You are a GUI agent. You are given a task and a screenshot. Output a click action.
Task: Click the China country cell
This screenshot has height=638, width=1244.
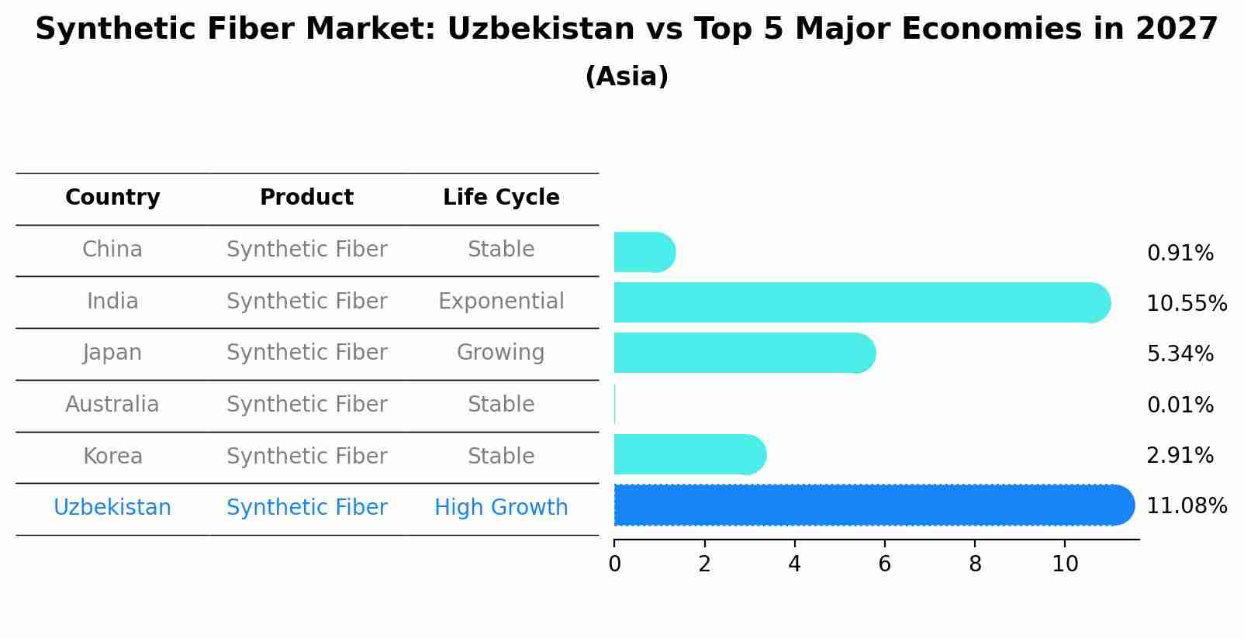pyautogui.click(x=112, y=250)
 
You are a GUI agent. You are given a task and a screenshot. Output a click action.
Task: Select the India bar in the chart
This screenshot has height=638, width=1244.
pyautogui.click(x=862, y=302)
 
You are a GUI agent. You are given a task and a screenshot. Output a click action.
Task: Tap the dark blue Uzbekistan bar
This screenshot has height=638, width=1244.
pyautogui.click(x=874, y=505)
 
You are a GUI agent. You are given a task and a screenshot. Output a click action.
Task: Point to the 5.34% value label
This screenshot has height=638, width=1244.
pyautogui.click(x=1180, y=353)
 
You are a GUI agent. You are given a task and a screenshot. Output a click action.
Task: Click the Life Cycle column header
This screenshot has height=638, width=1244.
pyautogui.click(x=501, y=197)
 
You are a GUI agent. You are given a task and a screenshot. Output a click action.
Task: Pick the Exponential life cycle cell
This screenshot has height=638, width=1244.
pyautogui.click(x=501, y=301)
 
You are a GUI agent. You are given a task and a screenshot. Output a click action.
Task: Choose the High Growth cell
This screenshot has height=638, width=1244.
pyautogui.click(x=501, y=507)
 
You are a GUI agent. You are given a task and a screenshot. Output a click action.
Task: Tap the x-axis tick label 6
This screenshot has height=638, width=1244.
pyautogui.click(x=885, y=564)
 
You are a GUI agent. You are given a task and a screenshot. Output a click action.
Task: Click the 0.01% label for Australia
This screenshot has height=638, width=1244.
pyautogui.click(x=1180, y=405)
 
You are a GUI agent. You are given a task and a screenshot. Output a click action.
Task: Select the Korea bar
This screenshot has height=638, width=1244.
pyautogui.click(x=690, y=455)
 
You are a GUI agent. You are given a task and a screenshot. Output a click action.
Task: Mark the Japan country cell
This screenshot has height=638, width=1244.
pyautogui.click(x=112, y=353)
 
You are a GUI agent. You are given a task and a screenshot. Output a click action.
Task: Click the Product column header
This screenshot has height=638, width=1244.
pyautogui.click(x=306, y=197)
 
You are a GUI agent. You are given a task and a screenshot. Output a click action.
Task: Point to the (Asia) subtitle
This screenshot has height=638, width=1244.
pyautogui.click(x=627, y=76)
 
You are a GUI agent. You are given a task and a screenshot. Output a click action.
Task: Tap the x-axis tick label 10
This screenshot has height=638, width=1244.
pyautogui.click(x=1065, y=564)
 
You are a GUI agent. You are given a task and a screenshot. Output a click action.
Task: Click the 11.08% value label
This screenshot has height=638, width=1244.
pyautogui.click(x=1187, y=506)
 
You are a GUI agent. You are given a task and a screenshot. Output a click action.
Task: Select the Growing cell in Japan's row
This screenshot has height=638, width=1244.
pyautogui.click(x=501, y=353)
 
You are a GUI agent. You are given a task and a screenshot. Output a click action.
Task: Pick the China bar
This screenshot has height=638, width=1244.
pyautogui.click(x=644, y=252)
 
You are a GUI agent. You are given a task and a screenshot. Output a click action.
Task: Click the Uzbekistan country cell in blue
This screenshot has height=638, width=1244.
pyautogui.click(x=112, y=507)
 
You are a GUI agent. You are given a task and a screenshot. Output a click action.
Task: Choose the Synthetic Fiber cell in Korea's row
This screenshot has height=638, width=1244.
pyautogui.click(x=306, y=456)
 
